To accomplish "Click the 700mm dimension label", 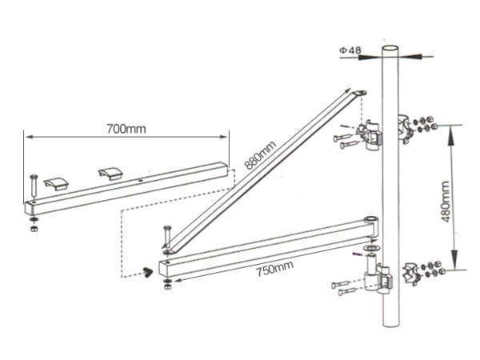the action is click(x=126, y=129).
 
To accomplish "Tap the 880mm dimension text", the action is click(x=261, y=155).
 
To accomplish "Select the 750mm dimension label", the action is click(x=274, y=269).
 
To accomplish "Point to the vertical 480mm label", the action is click(x=446, y=202).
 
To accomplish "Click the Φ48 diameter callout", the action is click(x=350, y=50).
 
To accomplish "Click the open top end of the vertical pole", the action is click(x=390, y=48).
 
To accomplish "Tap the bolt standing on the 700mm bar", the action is click(x=34, y=188).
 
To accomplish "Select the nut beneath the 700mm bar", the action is click(x=34, y=228).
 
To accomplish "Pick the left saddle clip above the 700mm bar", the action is click(x=56, y=183).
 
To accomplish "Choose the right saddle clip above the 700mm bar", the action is click(x=110, y=174).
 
